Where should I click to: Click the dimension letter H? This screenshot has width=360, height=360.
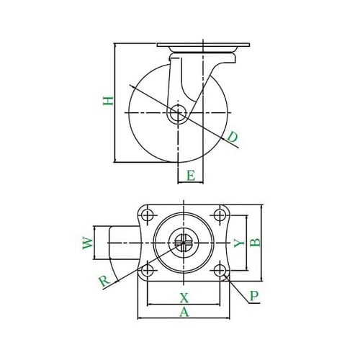[x=107, y=101]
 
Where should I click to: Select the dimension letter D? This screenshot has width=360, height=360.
[x=232, y=137]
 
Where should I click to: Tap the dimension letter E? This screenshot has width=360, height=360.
[x=191, y=175]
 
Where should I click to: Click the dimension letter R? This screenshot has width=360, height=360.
[x=105, y=281]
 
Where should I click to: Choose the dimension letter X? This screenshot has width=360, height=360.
[x=184, y=297]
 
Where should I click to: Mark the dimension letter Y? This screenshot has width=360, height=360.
[x=238, y=243]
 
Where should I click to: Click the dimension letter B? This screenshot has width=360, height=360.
[x=253, y=243]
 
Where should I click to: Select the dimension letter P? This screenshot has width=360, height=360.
[x=253, y=296]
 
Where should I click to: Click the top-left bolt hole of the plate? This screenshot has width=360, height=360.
[x=148, y=215]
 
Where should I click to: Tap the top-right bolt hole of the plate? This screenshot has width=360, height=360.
[x=220, y=215]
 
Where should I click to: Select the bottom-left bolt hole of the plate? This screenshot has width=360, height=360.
[x=148, y=271]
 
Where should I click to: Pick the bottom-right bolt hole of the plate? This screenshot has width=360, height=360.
[x=220, y=271]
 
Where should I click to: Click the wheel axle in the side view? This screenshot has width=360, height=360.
[x=178, y=114]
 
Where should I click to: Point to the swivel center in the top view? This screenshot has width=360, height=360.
[x=184, y=243]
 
